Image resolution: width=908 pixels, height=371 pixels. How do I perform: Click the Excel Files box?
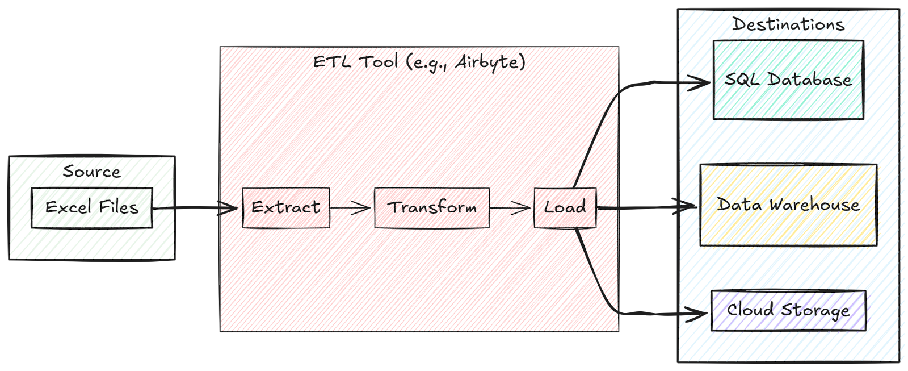(93, 208)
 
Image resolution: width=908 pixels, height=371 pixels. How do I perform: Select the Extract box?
(286, 208)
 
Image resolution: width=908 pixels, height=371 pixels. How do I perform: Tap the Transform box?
(432, 208)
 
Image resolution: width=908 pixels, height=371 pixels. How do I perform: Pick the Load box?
(565, 208)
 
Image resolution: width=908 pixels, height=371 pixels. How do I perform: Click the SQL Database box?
(788, 80)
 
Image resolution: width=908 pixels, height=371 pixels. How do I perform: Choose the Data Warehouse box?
(788, 205)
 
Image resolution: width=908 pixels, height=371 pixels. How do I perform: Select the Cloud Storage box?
(788, 311)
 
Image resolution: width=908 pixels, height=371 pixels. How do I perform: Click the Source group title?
(91, 171)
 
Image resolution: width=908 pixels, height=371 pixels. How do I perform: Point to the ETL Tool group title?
(419, 62)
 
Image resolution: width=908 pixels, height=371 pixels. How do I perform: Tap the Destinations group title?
(789, 25)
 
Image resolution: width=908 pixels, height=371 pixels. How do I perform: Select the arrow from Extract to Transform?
(352, 208)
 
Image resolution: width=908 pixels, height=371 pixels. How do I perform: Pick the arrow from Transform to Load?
(511, 208)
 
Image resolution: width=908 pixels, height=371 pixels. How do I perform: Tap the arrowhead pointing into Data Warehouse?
(691, 207)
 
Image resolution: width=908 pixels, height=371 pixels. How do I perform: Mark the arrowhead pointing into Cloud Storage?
(703, 312)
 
